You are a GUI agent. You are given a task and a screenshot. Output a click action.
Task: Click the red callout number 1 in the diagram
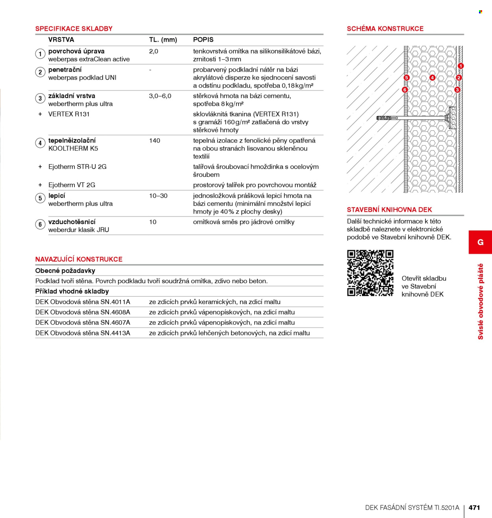(x=461, y=66)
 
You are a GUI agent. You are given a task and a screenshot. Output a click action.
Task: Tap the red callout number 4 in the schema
(x=432, y=78)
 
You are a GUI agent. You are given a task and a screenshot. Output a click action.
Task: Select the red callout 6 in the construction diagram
(x=405, y=90)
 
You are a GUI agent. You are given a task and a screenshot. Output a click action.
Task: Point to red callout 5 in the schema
(x=406, y=78)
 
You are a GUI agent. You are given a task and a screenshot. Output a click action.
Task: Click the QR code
(x=370, y=273)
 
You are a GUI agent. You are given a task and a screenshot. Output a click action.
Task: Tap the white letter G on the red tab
(x=481, y=242)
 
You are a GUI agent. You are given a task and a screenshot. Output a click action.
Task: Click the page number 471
(x=474, y=507)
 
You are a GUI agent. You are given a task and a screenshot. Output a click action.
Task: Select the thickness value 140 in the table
(x=154, y=141)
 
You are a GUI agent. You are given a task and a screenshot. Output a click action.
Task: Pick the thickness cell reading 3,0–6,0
(x=160, y=96)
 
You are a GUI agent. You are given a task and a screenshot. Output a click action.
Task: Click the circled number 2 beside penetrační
(x=40, y=72)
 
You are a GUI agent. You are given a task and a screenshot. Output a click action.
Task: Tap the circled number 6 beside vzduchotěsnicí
(x=40, y=224)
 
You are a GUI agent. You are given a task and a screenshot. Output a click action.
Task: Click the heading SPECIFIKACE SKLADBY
(x=74, y=29)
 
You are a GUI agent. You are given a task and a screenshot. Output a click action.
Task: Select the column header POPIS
(x=203, y=40)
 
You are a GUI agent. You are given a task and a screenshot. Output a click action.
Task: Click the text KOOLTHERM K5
(x=73, y=149)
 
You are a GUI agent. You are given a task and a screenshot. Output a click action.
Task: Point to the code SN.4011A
(x=115, y=302)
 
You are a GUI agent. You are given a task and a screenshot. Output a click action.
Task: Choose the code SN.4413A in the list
(x=115, y=333)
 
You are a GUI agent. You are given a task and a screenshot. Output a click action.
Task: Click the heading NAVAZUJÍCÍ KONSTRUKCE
(x=79, y=259)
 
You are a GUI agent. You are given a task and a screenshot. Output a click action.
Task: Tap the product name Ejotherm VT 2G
(x=72, y=185)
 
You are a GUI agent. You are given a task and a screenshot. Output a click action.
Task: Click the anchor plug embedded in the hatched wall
(x=387, y=118)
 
